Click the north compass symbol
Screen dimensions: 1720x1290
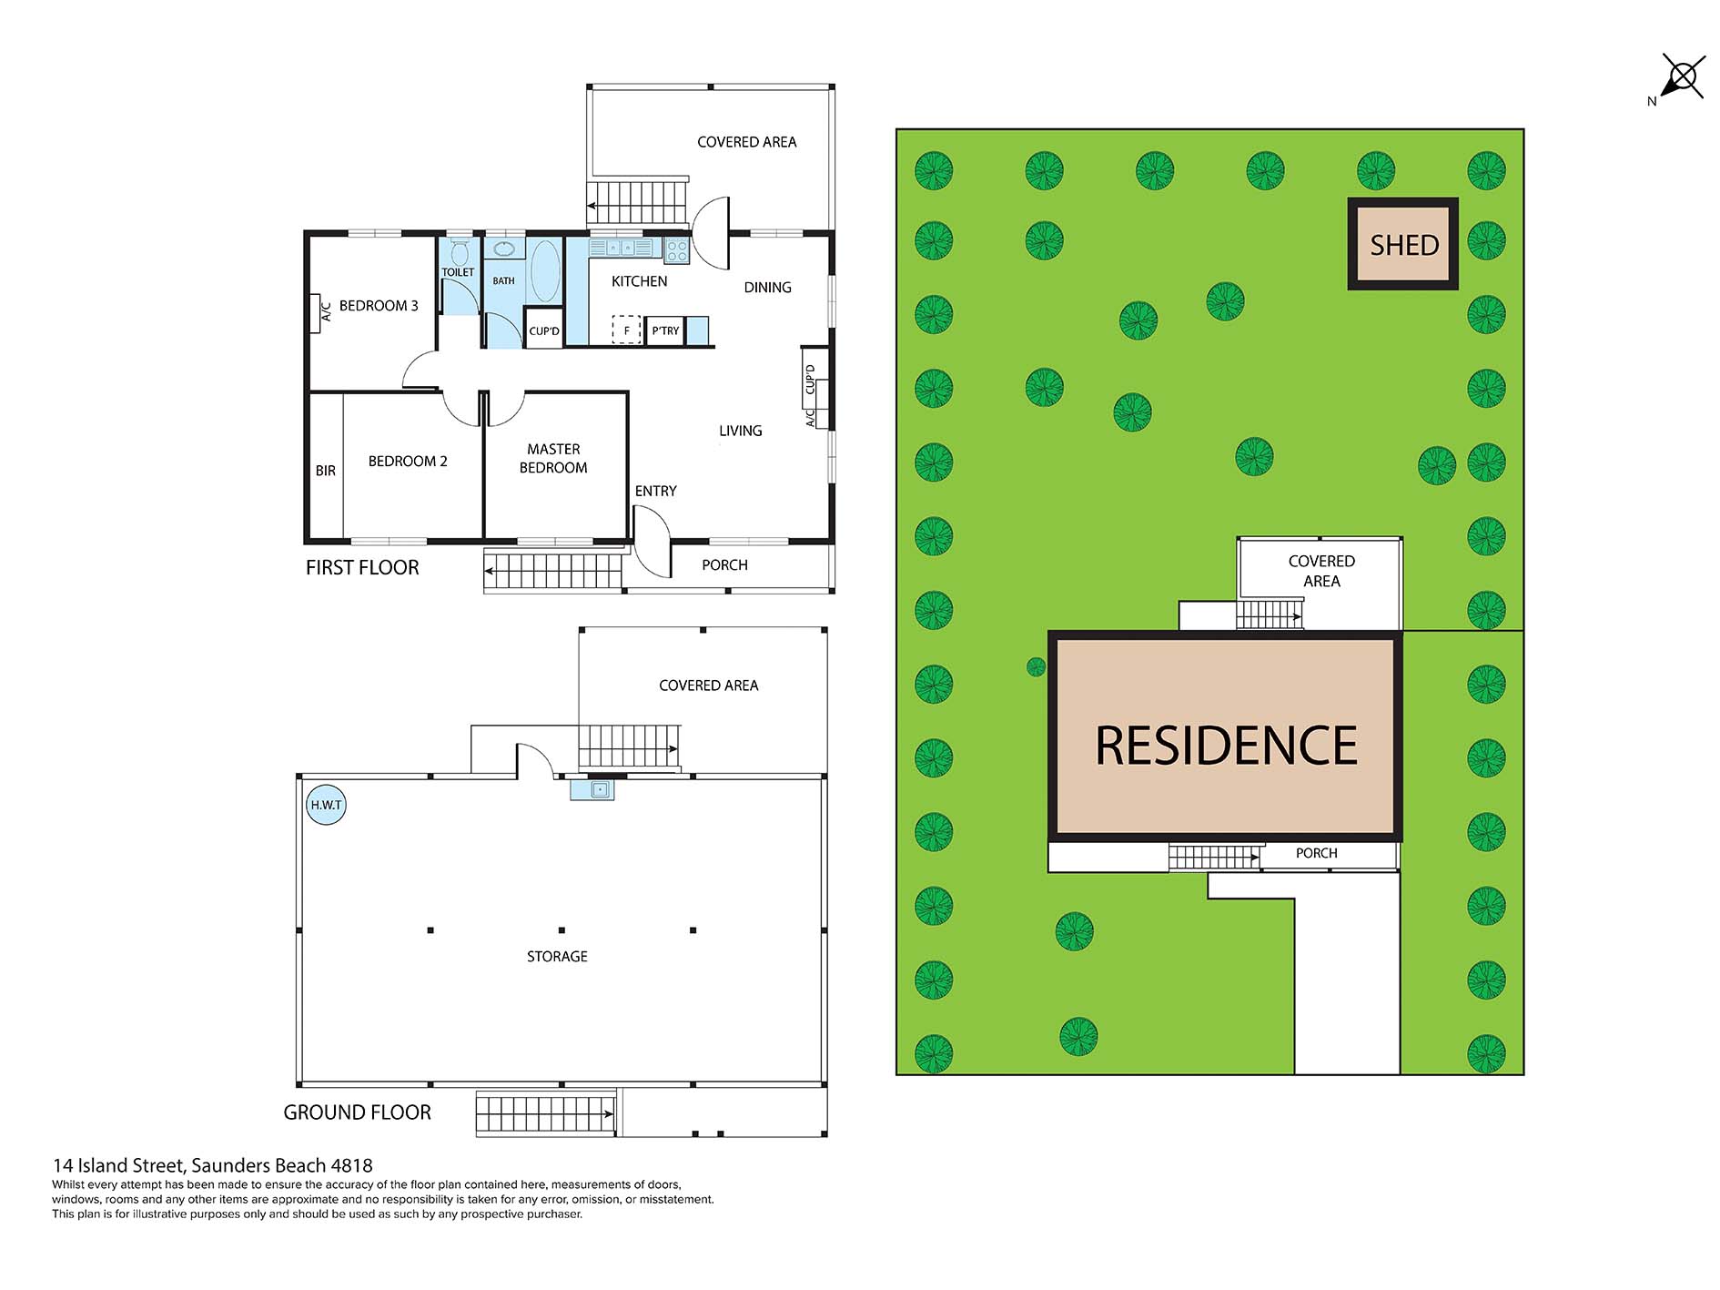1681,77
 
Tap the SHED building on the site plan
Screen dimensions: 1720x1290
1403,244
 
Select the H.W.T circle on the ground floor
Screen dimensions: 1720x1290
326,805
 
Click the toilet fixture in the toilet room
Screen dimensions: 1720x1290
460,251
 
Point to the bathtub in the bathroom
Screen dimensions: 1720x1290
545,271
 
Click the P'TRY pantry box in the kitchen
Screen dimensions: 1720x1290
665,330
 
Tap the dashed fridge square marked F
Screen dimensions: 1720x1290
626,330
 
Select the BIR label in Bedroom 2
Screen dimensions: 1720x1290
325,471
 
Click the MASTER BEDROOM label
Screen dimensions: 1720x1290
553,458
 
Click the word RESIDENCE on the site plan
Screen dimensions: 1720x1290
1226,745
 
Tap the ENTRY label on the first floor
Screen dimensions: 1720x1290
655,491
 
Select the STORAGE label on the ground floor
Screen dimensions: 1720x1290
557,956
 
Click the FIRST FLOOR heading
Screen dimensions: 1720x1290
362,567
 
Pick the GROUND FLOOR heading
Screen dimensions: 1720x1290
357,1112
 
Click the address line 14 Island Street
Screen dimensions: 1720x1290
212,1165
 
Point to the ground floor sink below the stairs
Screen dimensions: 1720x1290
592,789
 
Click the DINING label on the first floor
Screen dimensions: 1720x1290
767,287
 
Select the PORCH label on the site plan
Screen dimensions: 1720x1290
1316,853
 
